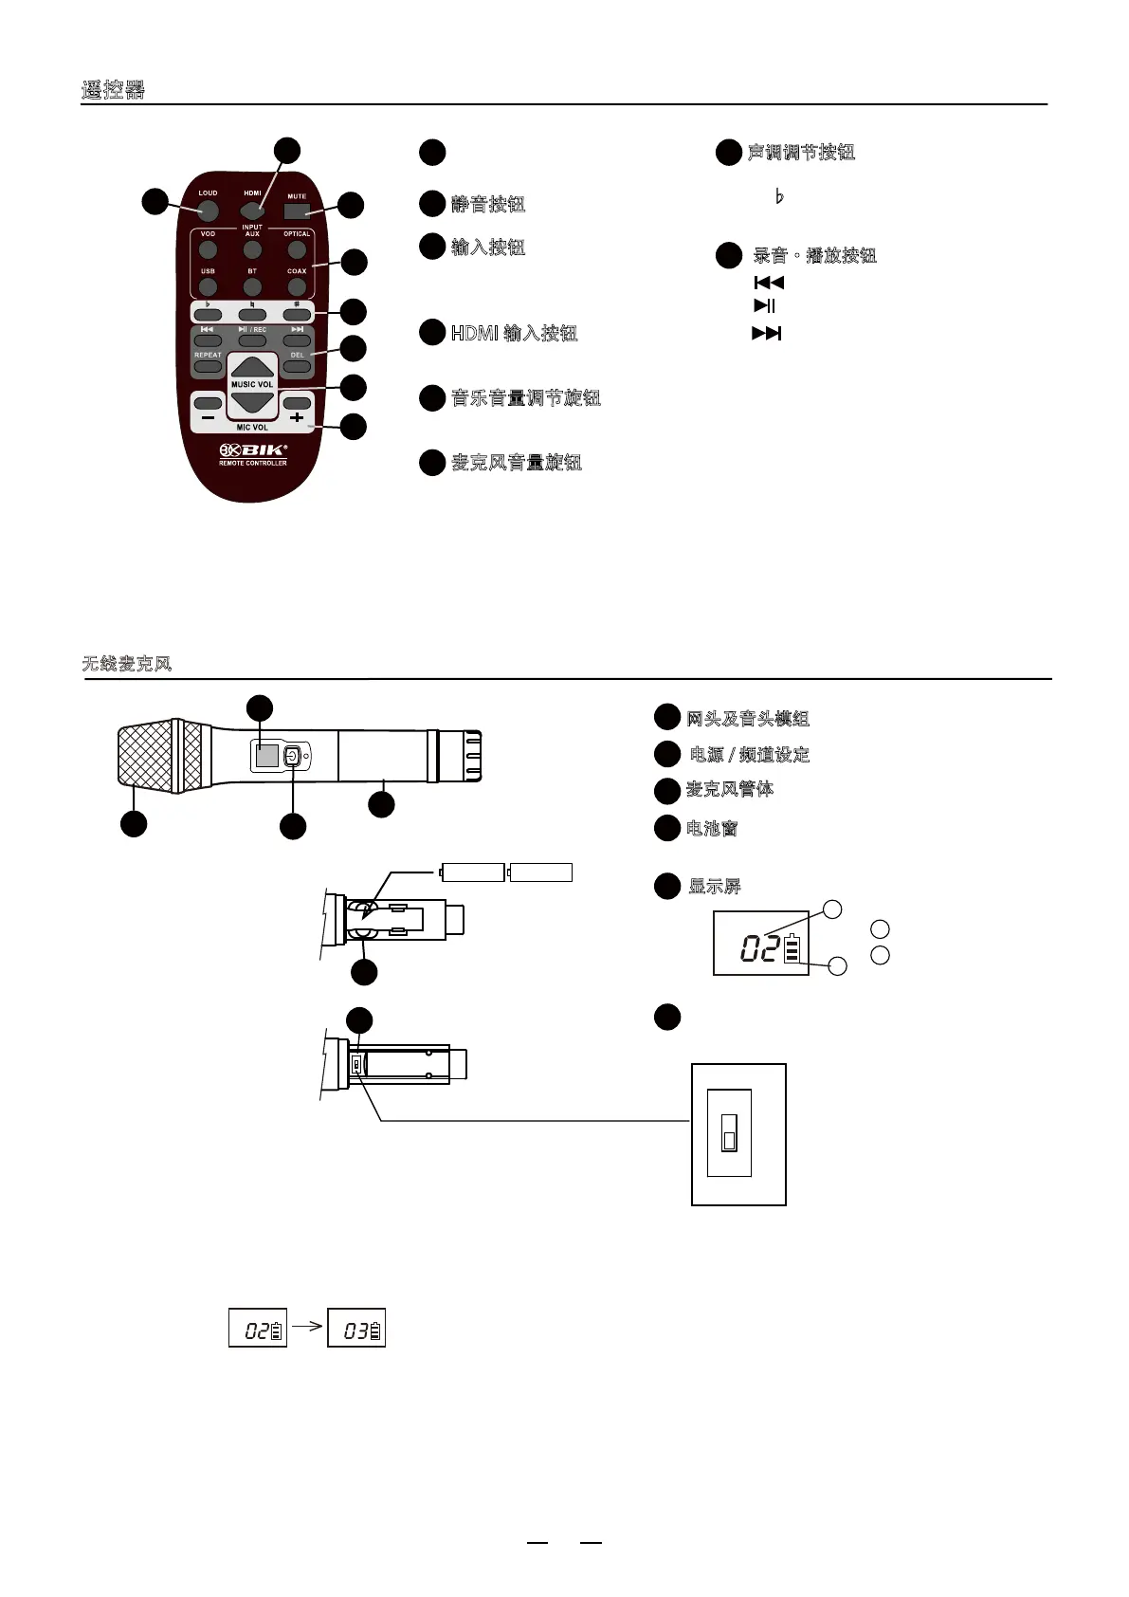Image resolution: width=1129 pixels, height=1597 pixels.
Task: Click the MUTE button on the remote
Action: click(298, 209)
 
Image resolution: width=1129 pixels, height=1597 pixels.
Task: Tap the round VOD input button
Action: click(208, 250)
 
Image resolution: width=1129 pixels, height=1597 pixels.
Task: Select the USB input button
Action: click(208, 286)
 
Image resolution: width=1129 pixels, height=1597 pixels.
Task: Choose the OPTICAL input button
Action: click(297, 250)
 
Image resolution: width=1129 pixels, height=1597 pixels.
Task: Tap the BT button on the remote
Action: click(252, 286)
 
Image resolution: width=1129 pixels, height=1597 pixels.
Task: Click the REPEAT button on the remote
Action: click(208, 366)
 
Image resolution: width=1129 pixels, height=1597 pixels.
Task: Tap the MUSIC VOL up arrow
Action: click(252, 368)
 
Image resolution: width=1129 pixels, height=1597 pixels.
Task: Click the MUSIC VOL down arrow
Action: click(252, 402)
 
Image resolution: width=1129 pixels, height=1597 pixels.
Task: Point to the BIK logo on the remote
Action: click(253, 450)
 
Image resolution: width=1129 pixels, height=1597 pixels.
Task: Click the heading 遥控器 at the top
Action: click(113, 91)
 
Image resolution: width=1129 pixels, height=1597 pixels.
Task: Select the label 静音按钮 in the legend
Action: click(488, 204)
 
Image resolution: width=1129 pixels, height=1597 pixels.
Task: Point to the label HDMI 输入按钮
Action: click(514, 333)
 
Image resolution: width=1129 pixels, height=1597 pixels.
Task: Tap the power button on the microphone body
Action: click(292, 756)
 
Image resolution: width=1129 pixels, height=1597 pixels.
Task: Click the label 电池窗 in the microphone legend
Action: click(712, 828)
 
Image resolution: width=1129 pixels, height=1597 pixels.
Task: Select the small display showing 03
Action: click(356, 1329)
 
